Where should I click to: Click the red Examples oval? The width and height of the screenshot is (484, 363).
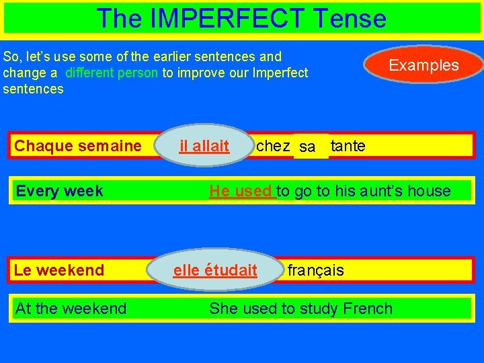(424, 65)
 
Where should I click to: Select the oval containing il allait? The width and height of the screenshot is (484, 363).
(204, 145)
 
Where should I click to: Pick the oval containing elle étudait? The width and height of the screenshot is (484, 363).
(215, 270)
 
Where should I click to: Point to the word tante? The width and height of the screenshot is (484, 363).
(348, 146)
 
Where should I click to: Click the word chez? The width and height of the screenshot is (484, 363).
(273, 146)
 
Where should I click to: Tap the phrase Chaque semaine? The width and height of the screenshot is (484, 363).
(78, 146)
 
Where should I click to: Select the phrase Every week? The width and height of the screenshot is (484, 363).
(59, 191)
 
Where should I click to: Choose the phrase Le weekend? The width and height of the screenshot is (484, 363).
(59, 270)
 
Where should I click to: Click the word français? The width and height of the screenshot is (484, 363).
(315, 270)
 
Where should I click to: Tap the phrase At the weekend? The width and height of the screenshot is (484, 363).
(71, 309)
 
